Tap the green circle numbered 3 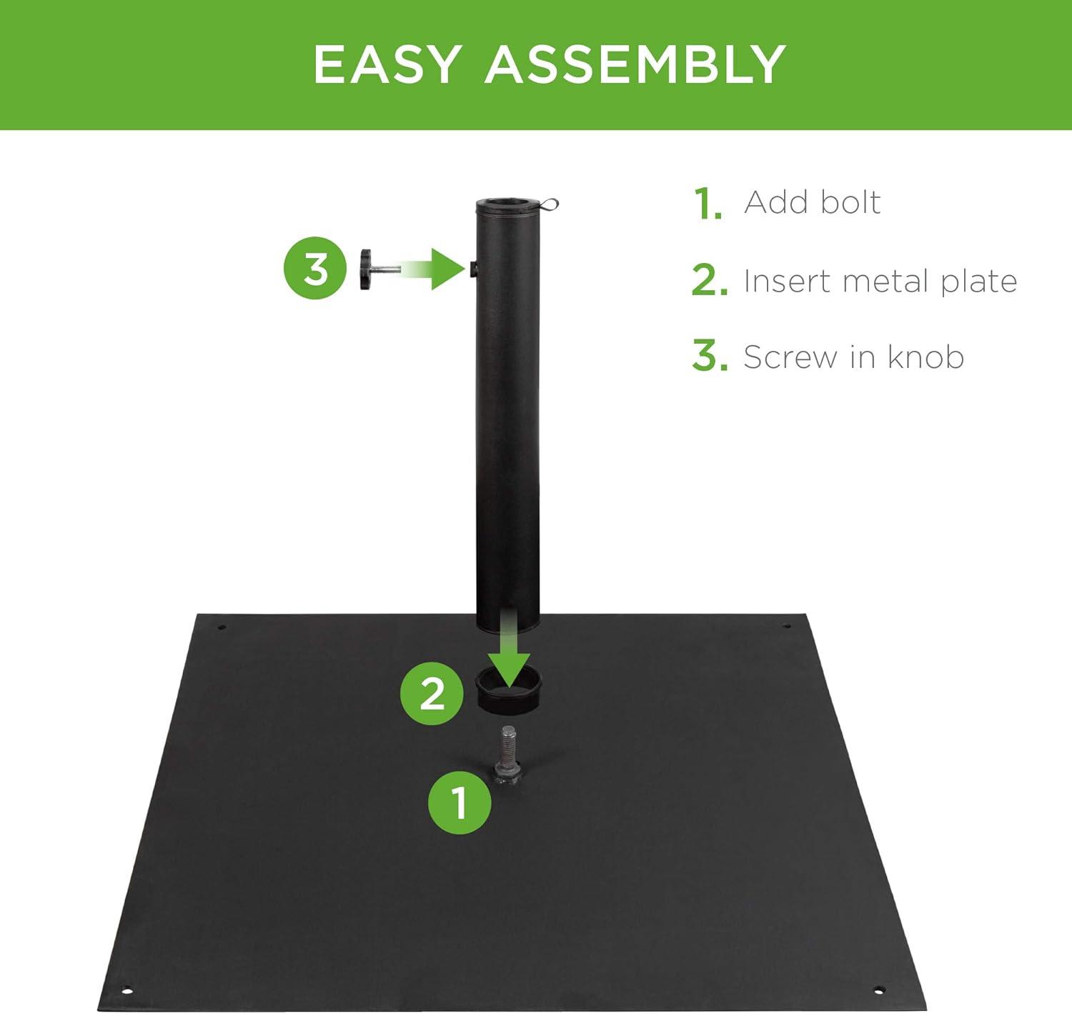(x=316, y=269)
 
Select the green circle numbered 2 (x=432, y=692)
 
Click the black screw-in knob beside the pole (x=371, y=269)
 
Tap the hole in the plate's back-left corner (x=222, y=627)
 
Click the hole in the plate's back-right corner (x=787, y=627)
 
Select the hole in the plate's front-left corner (x=126, y=990)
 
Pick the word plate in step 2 (x=978, y=281)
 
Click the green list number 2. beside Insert (x=709, y=281)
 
